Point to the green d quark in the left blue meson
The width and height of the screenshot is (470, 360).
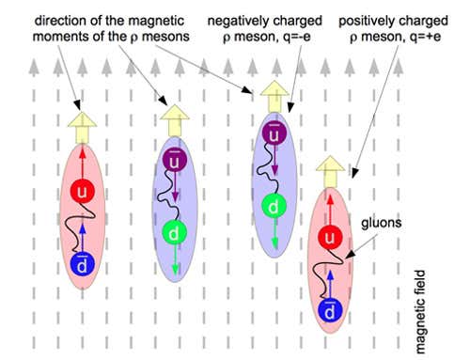(173, 230)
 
